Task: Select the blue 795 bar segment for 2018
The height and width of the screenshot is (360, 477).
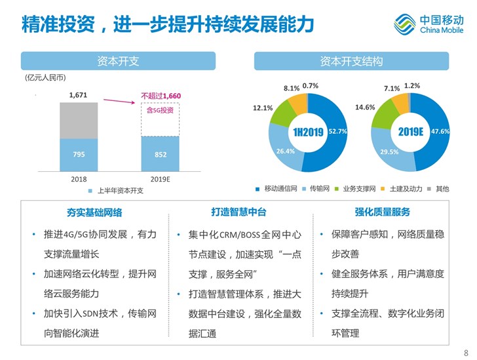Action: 79,153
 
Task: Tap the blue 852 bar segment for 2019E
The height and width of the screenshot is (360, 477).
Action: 161,153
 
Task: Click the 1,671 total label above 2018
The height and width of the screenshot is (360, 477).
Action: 79,95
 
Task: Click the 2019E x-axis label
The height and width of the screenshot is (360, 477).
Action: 161,178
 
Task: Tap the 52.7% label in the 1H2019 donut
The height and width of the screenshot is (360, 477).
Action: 337,132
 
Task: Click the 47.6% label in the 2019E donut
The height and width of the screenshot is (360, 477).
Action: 440,132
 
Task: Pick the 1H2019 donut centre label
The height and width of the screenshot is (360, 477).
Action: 308,132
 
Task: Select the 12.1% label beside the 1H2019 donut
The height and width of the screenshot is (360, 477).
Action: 263,108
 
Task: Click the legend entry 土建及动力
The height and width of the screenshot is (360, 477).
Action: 406,189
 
